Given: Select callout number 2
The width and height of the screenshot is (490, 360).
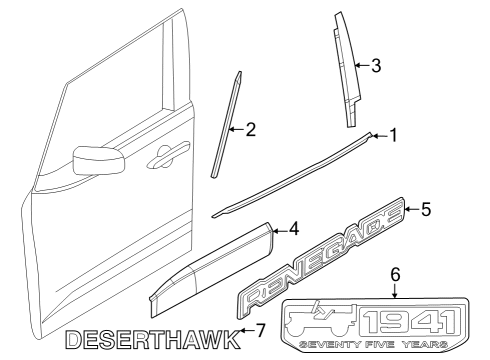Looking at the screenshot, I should tap(250, 128).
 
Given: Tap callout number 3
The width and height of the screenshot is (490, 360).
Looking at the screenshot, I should tap(376, 67).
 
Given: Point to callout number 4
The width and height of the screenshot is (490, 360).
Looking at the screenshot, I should tap(293, 229).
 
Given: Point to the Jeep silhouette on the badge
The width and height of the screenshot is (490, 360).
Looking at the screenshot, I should tap(312, 319).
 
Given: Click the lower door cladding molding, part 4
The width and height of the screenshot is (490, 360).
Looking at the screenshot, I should tap(214, 270).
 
